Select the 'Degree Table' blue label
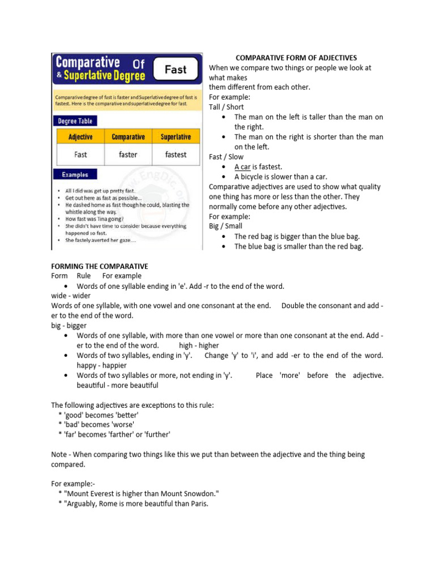(75, 121)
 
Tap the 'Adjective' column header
(80, 137)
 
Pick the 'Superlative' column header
(176, 137)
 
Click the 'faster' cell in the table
(128, 154)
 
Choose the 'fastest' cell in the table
(176, 154)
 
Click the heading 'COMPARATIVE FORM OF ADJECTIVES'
(296, 58)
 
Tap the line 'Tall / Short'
(227, 107)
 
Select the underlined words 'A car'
(243, 167)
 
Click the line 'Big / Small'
(225, 226)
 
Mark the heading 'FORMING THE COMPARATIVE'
(100, 266)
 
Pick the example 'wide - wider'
(71, 296)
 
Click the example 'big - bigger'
(69, 326)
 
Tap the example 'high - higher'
(199, 346)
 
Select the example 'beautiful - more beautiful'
(117, 385)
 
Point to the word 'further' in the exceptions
(157, 434)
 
